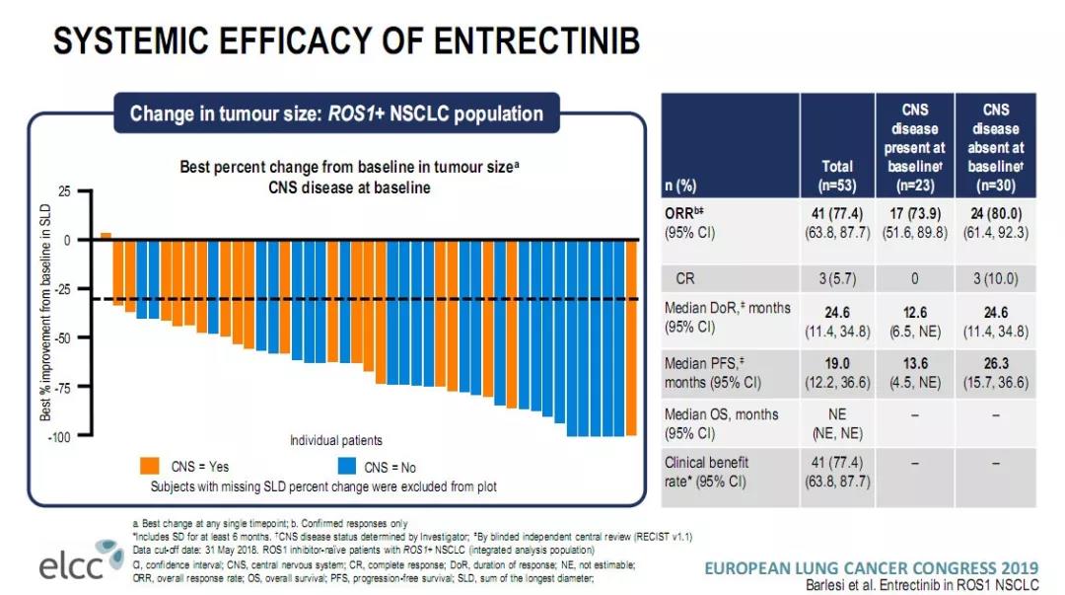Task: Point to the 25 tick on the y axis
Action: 64,190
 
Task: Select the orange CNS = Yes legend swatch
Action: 151,466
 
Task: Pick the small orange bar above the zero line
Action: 106,236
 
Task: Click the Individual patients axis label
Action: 335,440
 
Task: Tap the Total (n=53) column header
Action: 836,176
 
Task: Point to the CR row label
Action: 685,278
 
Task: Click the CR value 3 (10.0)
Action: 995,278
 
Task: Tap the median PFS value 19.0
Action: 836,363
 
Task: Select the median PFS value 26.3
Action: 995,363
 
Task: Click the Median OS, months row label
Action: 721,414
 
